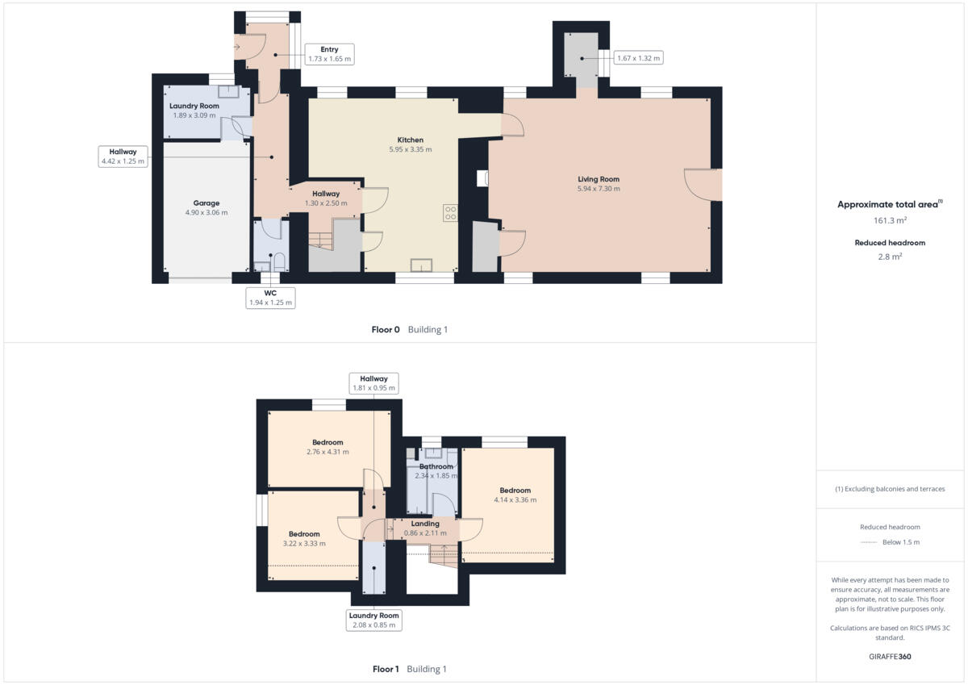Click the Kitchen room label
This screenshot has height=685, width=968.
[410, 140]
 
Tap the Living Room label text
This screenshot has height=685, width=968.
[598, 179]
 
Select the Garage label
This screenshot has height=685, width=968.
[206, 203]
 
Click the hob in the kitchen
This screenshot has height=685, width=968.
[450, 213]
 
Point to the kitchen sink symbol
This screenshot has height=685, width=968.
[421, 266]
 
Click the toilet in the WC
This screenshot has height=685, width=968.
[278, 261]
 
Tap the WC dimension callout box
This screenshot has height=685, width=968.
[270, 298]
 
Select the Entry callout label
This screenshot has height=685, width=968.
[329, 54]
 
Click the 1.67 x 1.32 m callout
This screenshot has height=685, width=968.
[637, 57]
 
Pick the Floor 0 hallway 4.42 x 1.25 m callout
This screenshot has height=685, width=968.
[123, 157]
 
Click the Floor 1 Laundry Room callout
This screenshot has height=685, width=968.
[373, 620]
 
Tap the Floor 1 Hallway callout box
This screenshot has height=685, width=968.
[373, 383]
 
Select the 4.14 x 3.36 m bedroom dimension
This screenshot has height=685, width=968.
[515, 500]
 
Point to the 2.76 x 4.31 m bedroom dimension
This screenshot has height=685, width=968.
[328, 452]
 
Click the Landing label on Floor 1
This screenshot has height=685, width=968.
[425, 524]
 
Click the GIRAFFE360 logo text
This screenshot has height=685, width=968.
[890, 657]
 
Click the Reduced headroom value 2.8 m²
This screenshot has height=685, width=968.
[890, 257]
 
